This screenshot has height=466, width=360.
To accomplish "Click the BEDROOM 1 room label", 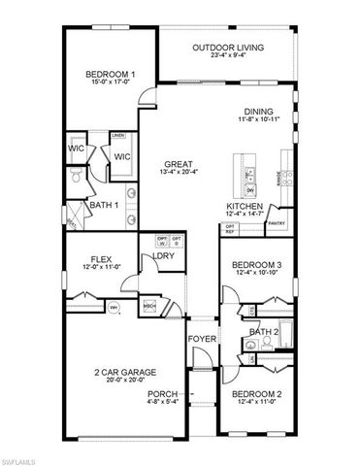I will tap(110, 74).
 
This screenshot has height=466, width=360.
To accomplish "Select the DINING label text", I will tap(258, 111).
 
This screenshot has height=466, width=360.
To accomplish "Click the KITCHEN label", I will tap(243, 207).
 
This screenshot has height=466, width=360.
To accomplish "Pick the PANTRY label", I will tap(277, 222).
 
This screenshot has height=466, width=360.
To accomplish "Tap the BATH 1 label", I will tap(104, 205).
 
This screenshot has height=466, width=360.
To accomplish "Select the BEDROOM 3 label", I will tap(258, 264).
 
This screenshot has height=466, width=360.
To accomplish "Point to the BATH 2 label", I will tap(263, 331).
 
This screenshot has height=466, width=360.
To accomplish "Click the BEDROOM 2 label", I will tap(258, 394).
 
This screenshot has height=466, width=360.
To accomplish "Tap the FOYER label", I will tap(201, 339).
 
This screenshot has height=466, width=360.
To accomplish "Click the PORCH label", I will tap(160, 394).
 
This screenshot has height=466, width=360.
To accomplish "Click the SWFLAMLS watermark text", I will tap(22, 456).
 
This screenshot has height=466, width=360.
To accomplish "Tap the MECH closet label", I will tap(150, 305).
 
